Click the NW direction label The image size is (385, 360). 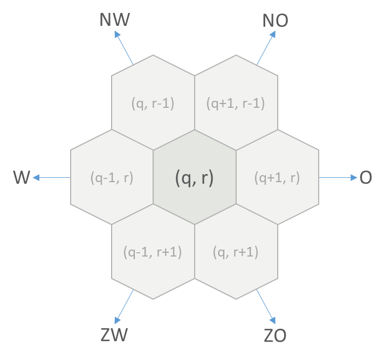pos(114,20)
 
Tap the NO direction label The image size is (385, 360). pos(275,21)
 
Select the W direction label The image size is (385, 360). pos(20,177)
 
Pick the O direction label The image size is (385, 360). pos(366,177)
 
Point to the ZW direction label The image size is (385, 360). pos(114,335)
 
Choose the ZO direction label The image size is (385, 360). pos(275,336)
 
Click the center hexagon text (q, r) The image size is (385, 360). pos(194,177)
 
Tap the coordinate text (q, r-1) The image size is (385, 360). pos(153,103)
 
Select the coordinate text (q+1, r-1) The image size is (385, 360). pos(236,103)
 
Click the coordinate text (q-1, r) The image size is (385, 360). pos(111,177)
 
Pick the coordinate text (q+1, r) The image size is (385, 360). pos(277,177)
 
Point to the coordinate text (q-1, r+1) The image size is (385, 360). pos(152,252)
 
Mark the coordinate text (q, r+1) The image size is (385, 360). pos(236,252)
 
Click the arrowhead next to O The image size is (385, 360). pos(354,177)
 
